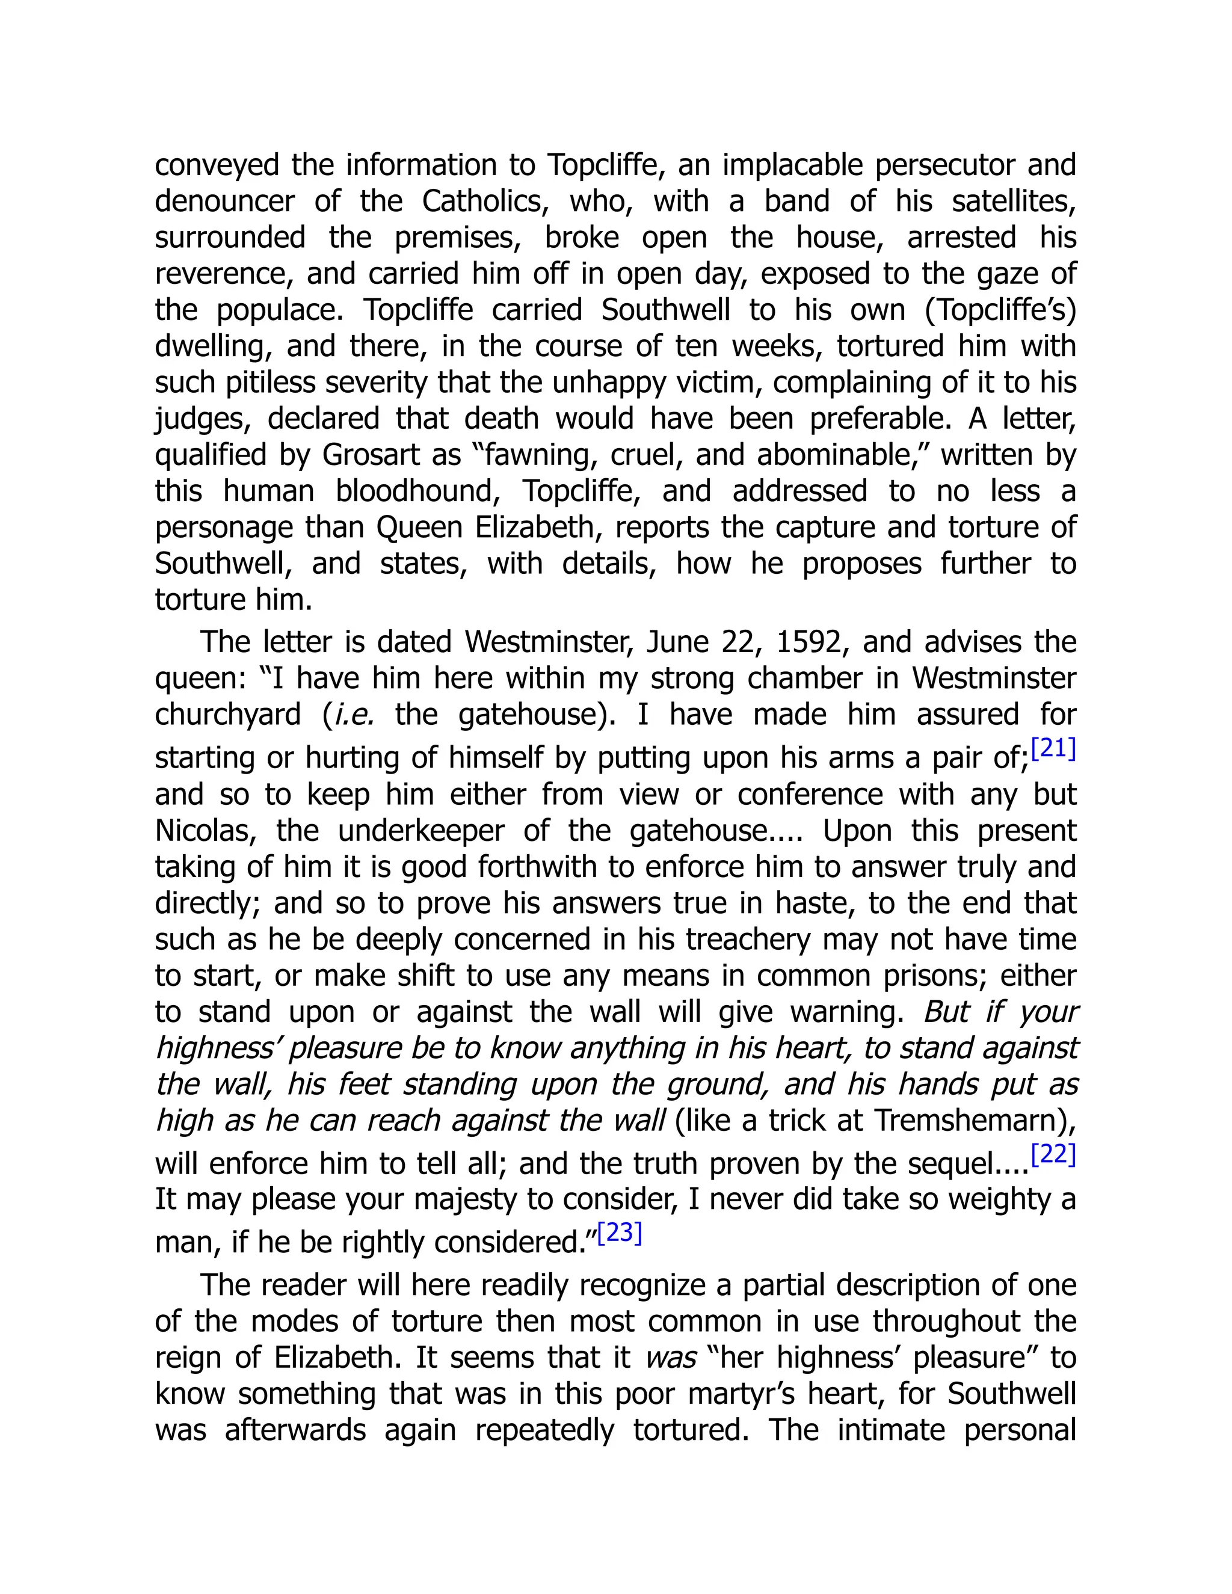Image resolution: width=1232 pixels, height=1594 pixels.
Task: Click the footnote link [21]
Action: coord(1053,749)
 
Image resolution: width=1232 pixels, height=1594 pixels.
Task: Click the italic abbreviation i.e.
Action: coord(354,715)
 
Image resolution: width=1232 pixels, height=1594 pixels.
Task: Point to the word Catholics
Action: coord(485,202)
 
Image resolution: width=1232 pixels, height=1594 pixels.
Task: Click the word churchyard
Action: coord(228,715)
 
